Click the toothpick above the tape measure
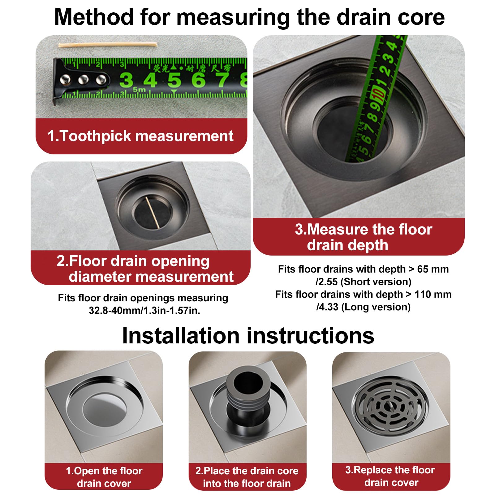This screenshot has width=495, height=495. pyautogui.click(x=108, y=45)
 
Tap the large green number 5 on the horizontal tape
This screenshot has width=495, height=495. pyautogui.click(x=174, y=80)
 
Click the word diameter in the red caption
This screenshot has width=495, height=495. pyautogui.click(x=103, y=276)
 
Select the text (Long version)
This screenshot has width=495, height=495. pyautogui.click(x=376, y=307)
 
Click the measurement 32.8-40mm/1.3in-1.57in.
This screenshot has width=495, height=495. pyautogui.click(x=144, y=310)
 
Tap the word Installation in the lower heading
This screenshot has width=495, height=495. pyautogui.click(x=181, y=336)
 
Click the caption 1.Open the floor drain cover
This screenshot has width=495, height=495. pyautogui.click(x=104, y=477)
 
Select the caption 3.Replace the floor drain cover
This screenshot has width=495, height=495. pyautogui.click(x=391, y=476)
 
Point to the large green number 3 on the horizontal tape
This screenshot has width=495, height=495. pyautogui.click(x=126, y=80)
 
